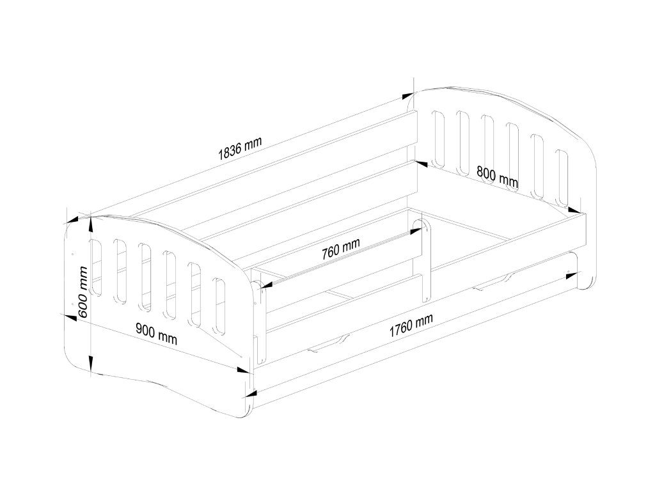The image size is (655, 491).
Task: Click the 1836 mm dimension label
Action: (x=240, y=148)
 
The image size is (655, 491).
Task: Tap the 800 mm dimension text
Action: (x=497, y=176)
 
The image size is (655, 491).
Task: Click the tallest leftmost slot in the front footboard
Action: (x=96, y=267)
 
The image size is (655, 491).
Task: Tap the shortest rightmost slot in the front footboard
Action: (x=219, y=306)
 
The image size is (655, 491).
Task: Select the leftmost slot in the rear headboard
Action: (x=439, y=138)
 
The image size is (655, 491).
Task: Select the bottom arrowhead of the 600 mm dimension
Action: (x=91, y=368)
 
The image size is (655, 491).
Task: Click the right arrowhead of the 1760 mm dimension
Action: (x=567, y=276)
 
